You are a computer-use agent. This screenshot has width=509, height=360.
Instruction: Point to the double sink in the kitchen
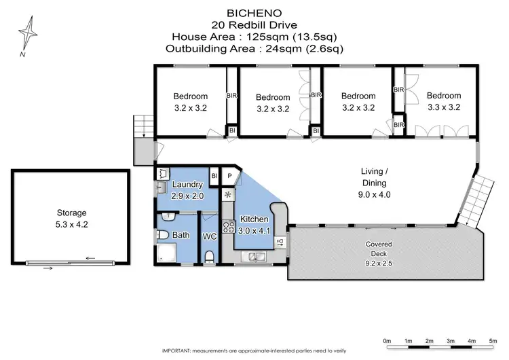(x=256, y=257)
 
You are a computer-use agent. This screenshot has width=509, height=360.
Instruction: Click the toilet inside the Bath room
(x=163, y=235)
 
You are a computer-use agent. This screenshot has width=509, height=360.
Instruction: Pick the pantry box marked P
(x=230, y=175)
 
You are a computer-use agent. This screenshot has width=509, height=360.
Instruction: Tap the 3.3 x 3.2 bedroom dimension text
(x=444, y=107)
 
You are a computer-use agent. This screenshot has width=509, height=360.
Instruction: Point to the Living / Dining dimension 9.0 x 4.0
(x=373, y=194)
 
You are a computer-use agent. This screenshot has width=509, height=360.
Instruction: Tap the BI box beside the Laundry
(x=214, y=175)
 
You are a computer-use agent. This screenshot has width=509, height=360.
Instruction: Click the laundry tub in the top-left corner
(x=162, y=175)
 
